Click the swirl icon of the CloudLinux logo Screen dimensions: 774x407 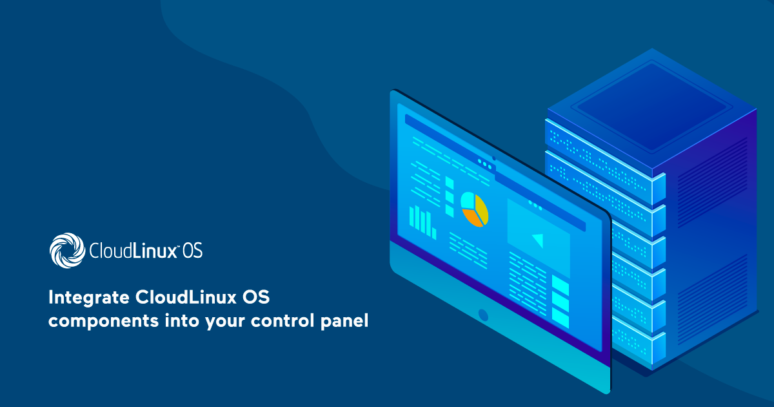pos(67,250)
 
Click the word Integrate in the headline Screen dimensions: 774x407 pos(89,298)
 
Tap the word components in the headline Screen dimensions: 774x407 pos(103,321)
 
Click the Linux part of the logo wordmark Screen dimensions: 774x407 pos(154,251)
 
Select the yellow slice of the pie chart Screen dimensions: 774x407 pos(482,209)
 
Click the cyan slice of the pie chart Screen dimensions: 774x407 pos(468,201)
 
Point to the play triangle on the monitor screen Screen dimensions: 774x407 pos(539,240)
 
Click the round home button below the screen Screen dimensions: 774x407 pos(483,315)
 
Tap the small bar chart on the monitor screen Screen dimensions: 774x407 pos(422,222)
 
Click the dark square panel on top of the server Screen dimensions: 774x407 pos(651,107)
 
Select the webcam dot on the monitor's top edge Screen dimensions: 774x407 pos(494,158)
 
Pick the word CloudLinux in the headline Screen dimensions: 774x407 pos(186,297)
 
